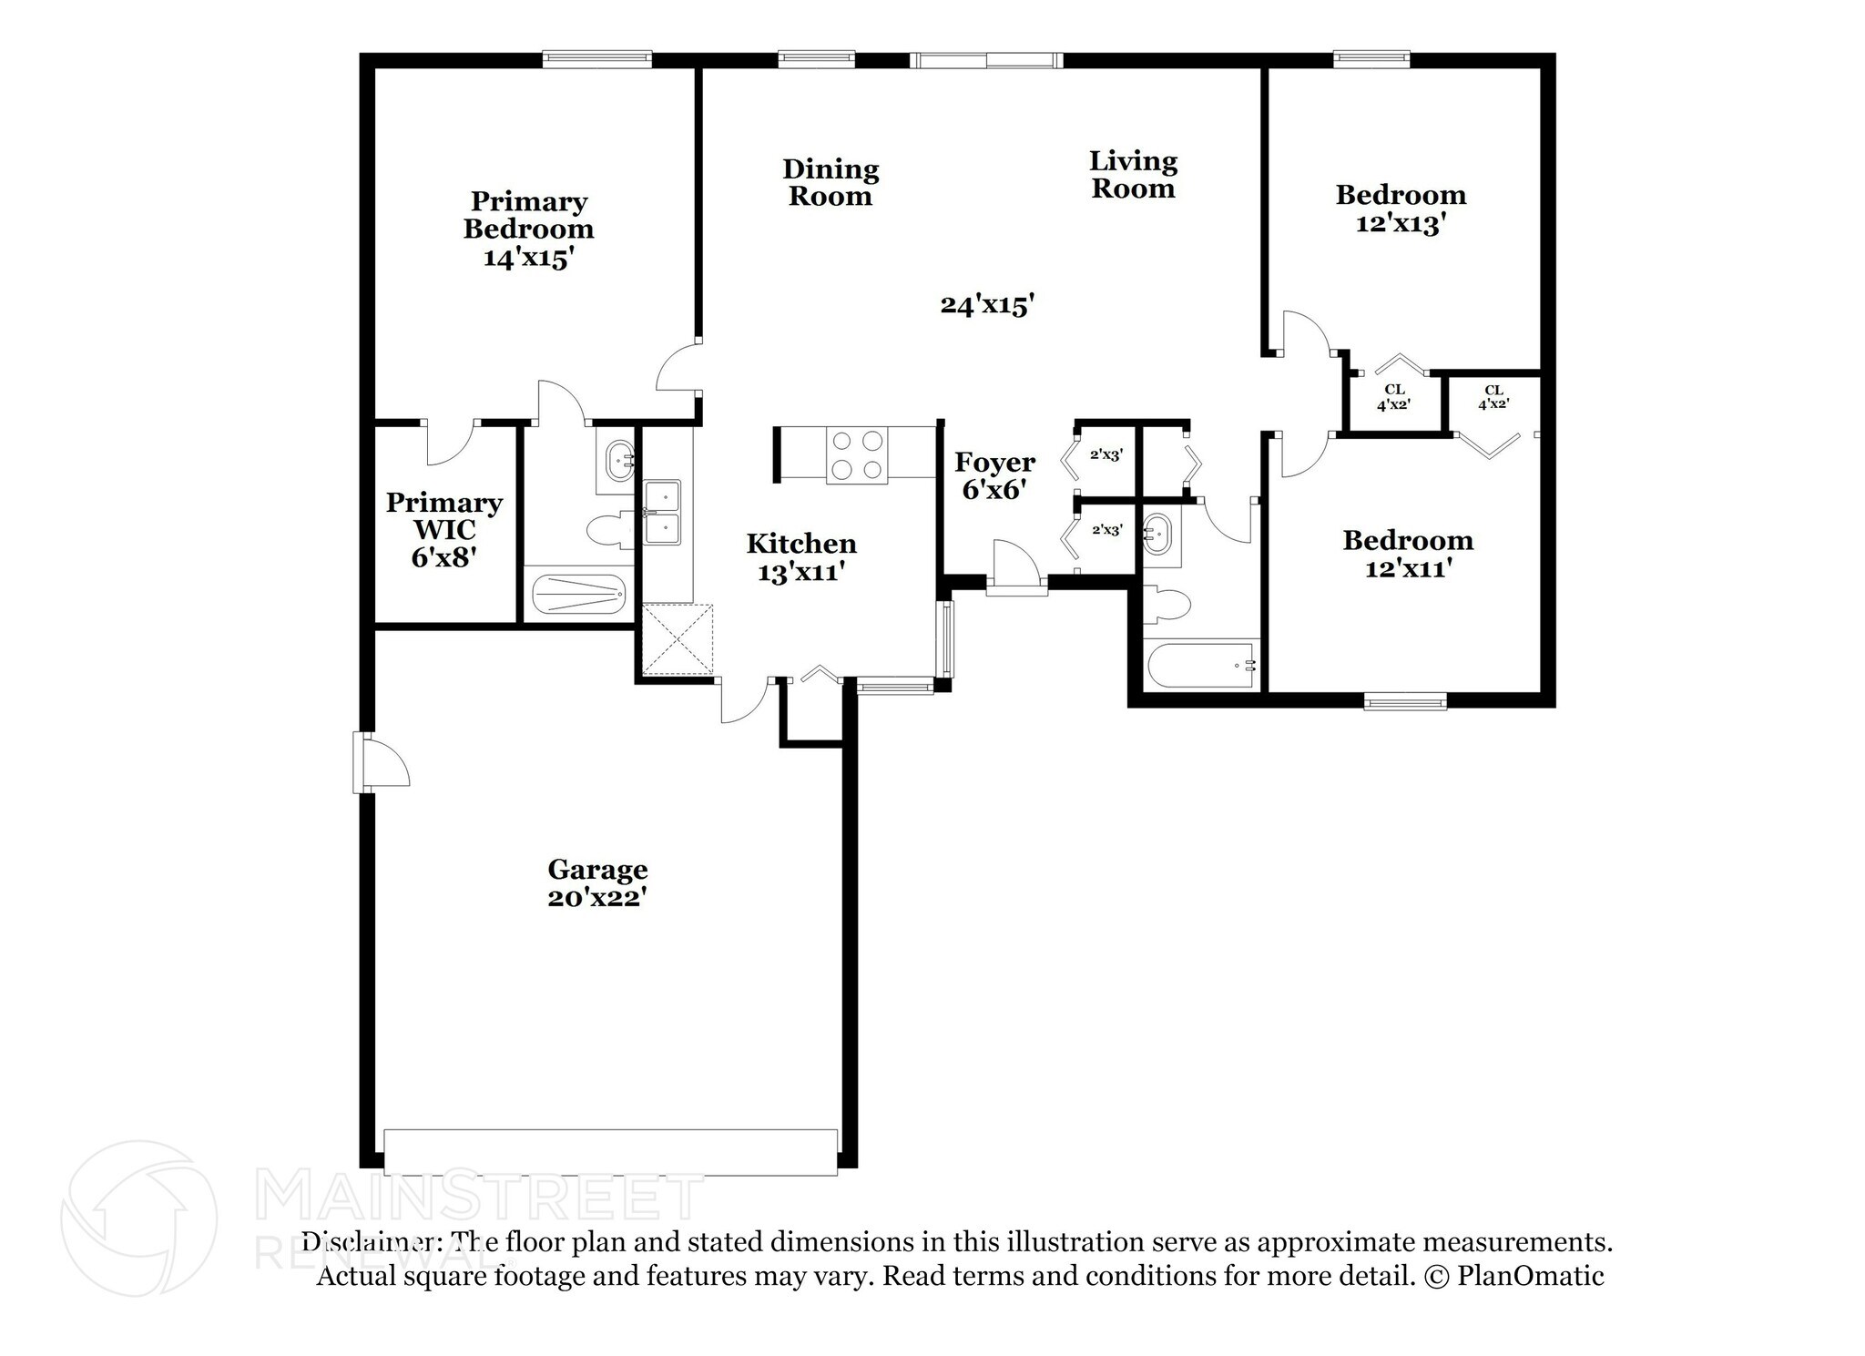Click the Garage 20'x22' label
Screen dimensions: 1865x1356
click(x=597, y=883)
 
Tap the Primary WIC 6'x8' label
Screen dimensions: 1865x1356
click(x=444, y=529)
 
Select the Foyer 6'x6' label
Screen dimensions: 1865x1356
click(x=994, y=475)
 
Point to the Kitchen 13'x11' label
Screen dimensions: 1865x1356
click(x=801, y=557)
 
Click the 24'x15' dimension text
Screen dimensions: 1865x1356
click(x=987, y=304)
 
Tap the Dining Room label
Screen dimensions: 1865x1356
click(x=831, y=182)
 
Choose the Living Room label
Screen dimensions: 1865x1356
click(x=1134, y=175)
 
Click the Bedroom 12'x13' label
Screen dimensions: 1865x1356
click(x=1401, y=209)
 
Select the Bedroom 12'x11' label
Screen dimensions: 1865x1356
click(x=1408, y=554)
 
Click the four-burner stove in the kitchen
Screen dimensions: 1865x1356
click(x=857, y=455)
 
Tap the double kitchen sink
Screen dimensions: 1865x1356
click(x=662, y=513)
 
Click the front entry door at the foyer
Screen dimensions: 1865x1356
click(x=1016, y=568)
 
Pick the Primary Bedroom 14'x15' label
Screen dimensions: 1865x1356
click(x=528, y=229)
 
